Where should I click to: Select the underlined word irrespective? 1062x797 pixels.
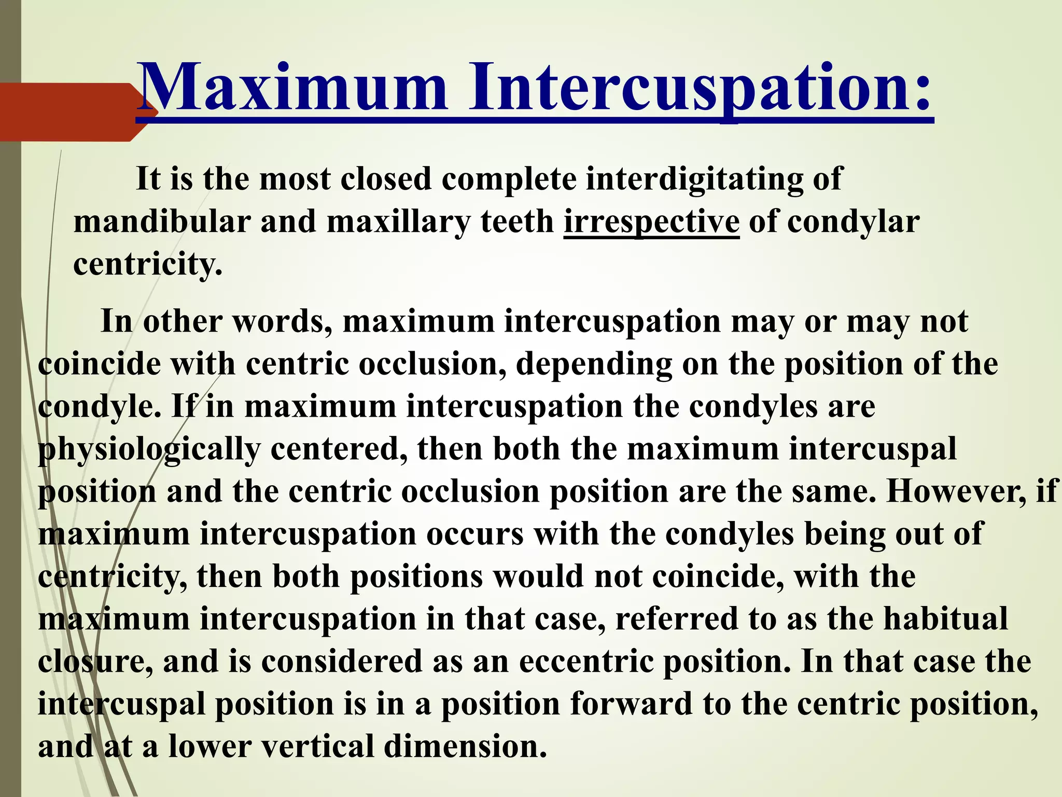[651, 222]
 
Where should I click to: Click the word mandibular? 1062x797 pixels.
[162, 222]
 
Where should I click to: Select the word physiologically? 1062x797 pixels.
[149, 449]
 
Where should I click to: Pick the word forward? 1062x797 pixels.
[631, 704]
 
